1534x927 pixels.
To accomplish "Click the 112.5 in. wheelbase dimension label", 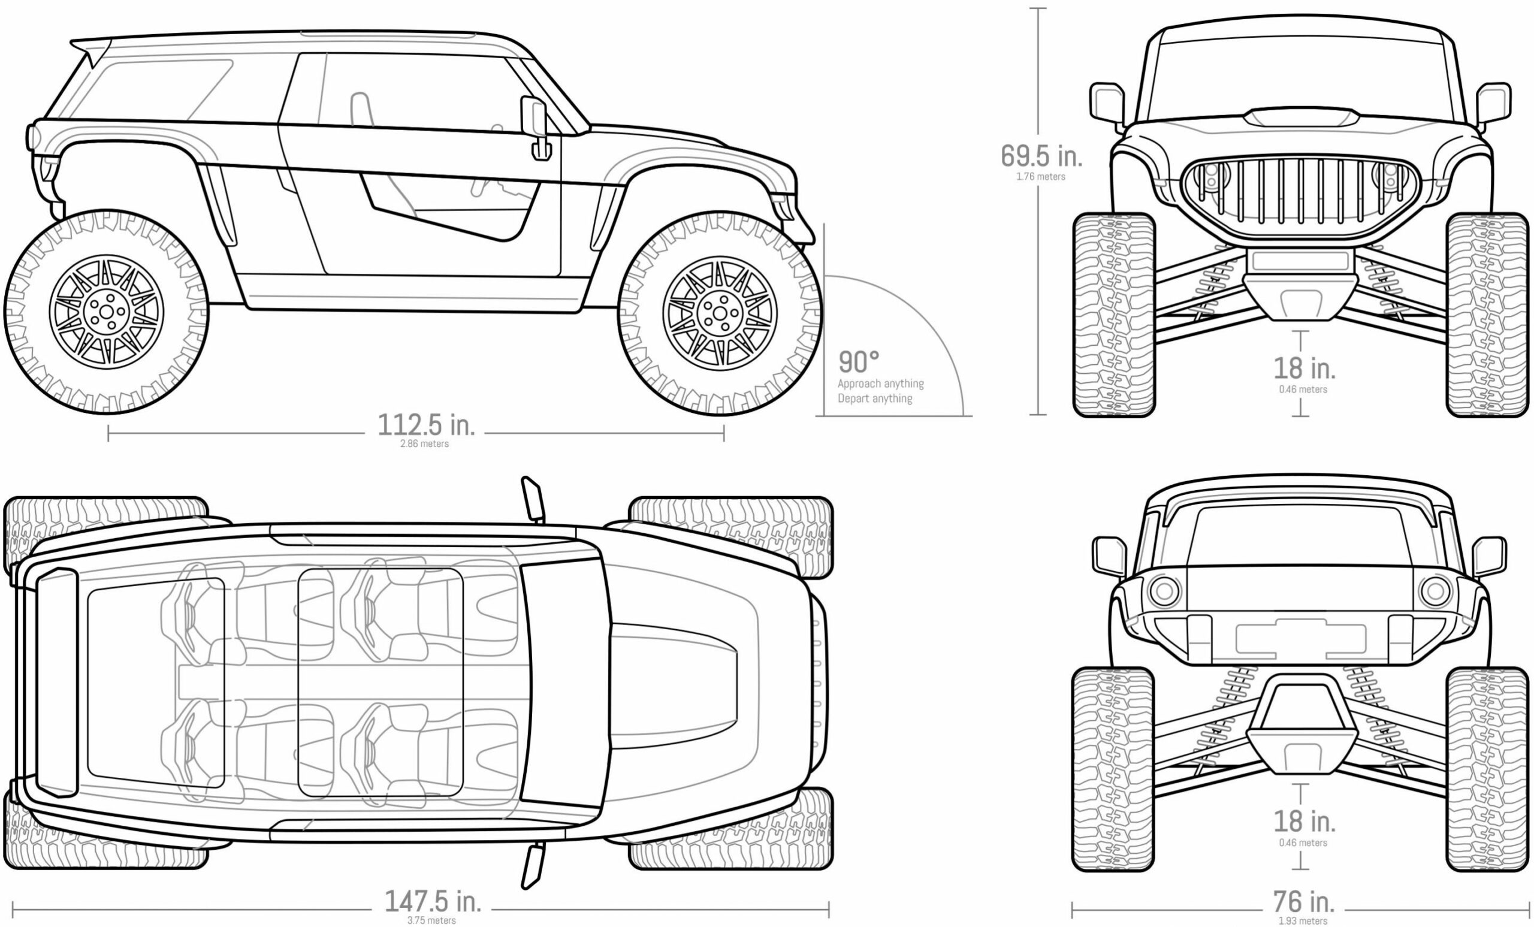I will pyautogui.click(x=426, y=425).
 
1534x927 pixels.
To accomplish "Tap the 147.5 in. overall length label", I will pyautogui.click(x=433, y=901).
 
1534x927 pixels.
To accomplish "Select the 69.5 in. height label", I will pyautogui.click(x=1041, y=156).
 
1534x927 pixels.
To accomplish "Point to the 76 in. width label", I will pyautogui.click(x=1303, y=901).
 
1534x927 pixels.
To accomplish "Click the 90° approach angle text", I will pyautogui.click(x=859, y=362).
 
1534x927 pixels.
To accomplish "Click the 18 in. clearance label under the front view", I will pyautogui.click(x=1304, y=369).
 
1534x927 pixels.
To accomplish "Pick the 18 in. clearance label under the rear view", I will pyautogui.click(x=1304, y=822).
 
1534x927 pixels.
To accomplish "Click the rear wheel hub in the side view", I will pyautogui.click(x=107, y=311).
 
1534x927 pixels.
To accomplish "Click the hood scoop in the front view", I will pyautogui.click(x=1301, y=116).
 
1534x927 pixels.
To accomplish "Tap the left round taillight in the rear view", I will pyautogui.click(x=1164, y=591).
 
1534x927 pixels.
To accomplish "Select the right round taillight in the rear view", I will pyautogui.click(x=1436, y=591).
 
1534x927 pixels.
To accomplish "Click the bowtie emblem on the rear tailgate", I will pyautogui.click(x=1300, y=639).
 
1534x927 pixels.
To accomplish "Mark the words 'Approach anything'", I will pyautogui.click(x=880, y=384).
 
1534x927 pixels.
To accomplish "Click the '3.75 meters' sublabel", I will pyautogui.click(x=431, y=920).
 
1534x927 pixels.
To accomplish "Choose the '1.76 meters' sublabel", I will pyautogui.click(x=1041, y=177).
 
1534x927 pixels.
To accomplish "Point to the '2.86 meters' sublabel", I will pyautogui.click(x=425, y=444).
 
